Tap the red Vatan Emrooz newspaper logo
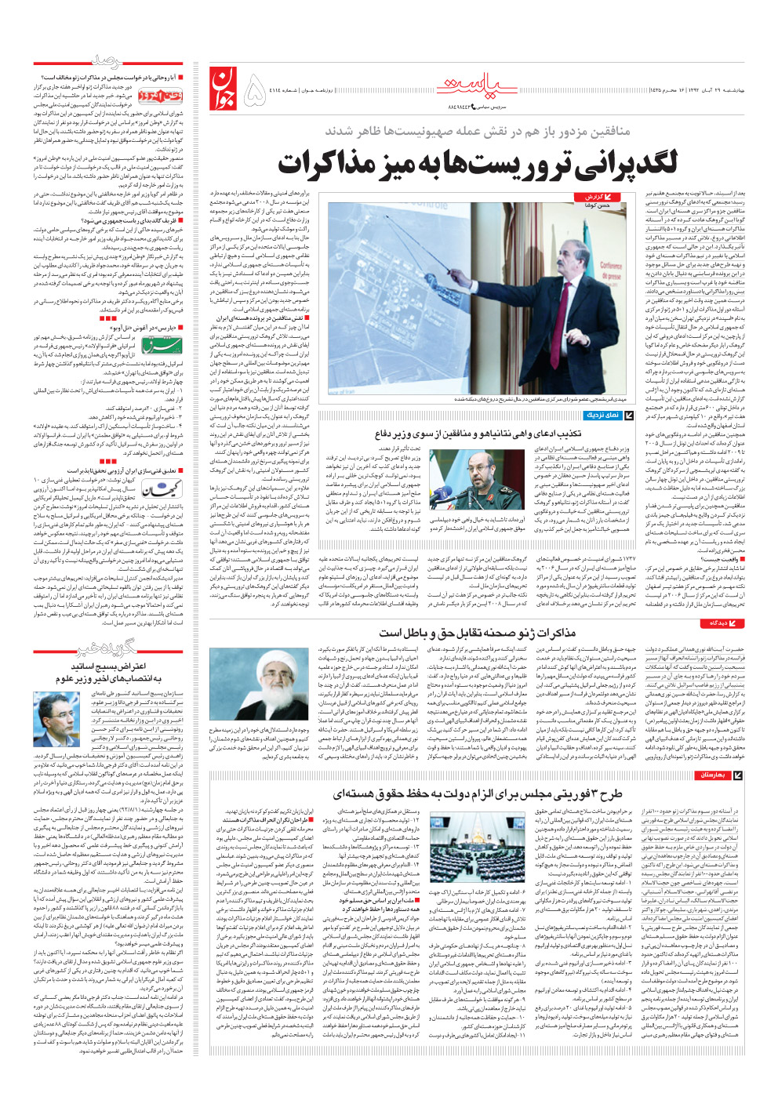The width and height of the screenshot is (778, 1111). (160, 95)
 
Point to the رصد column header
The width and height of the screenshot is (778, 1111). (107, 61)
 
